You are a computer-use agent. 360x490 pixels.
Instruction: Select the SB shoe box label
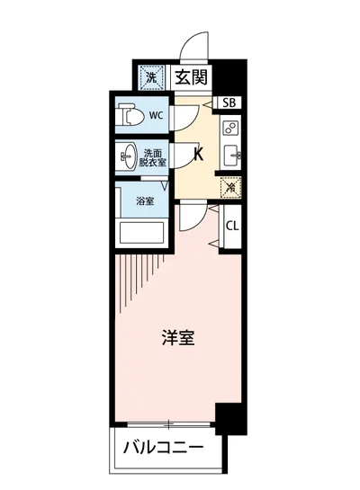229,102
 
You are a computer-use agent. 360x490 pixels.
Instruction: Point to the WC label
156,115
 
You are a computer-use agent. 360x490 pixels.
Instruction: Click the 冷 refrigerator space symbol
230,188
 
